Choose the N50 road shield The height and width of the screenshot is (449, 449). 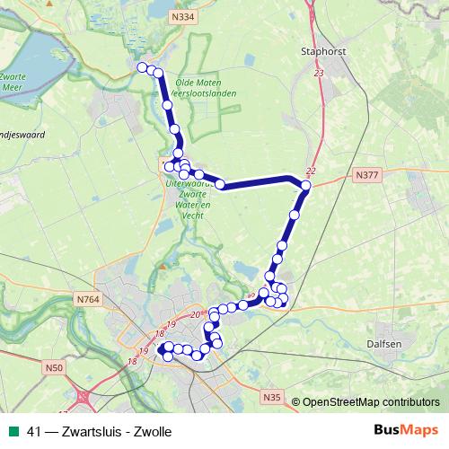(x=54, y=366)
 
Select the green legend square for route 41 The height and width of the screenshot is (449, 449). (x=13, y=431)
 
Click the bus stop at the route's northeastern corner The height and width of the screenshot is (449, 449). (x=305, y=186)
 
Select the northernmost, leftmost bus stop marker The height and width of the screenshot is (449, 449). (x=142, y=66)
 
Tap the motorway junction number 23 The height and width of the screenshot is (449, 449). (x=319, y=74)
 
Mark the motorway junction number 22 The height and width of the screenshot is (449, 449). (x=311, y=171)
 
